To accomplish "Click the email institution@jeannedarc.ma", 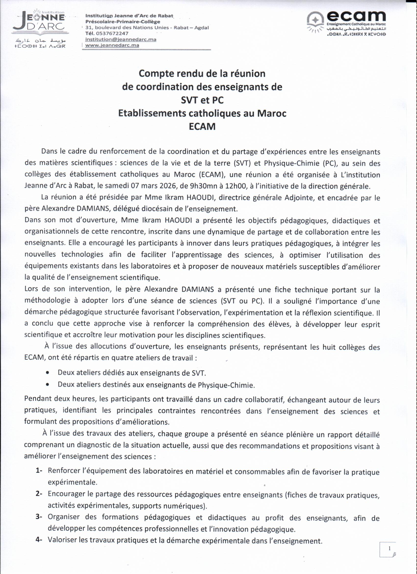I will [x=121, y=40].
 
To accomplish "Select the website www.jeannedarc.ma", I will [x=112, y=45].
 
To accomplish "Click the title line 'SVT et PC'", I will [x=202, y=100].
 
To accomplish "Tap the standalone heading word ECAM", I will [x=202, y=126].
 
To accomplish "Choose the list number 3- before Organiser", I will [x=39, y=517].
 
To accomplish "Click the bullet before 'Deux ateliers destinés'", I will [x=48, y=384].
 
